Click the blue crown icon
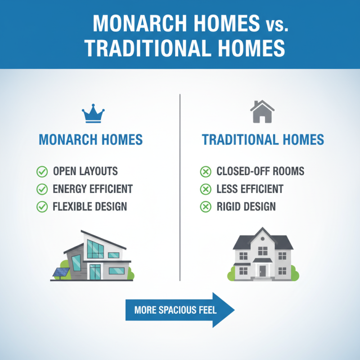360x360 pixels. click(93, 116)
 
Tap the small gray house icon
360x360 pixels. click(262, 112)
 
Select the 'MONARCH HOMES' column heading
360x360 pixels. click(91, 139)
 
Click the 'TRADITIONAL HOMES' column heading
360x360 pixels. click(263, 139)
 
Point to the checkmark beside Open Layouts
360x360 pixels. click(42, 171)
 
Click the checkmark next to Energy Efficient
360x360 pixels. click(42, 189)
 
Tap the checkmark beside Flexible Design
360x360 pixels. click(42, 207)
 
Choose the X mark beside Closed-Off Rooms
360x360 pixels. click(205, 171)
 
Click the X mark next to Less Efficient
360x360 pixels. click(205, 189)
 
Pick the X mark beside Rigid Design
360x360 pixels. click(205, 207)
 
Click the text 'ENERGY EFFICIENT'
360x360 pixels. click(93, 189)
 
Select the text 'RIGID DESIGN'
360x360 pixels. click(246, 207)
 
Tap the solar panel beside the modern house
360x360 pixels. click(61, 272)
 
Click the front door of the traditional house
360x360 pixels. click(262, 270)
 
